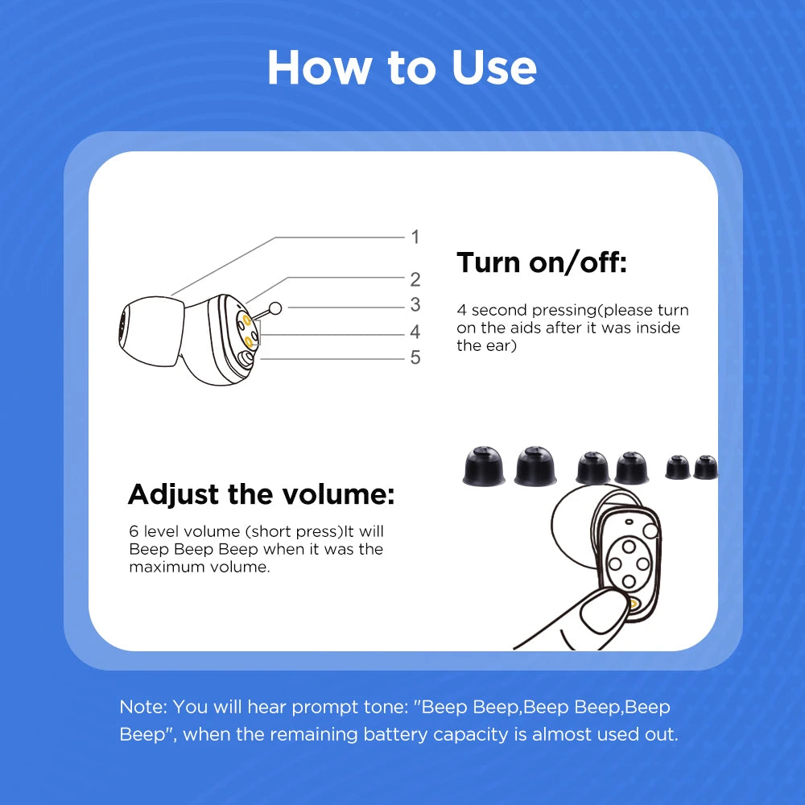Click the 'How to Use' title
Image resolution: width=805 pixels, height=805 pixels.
[x=402, y=68]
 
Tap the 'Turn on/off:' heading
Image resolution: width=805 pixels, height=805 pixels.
[x=541, y=262]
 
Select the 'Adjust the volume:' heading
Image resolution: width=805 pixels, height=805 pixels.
[x=262, y=493]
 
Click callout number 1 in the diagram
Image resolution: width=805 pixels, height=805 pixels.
[x=415, y=237]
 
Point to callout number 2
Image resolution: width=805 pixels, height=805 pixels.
[x=415, y=279]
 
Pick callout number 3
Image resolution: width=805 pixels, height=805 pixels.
[x=415, y=305]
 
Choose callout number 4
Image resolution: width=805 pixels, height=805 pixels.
[x=415, y=332]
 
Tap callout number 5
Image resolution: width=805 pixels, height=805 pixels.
[x=415, y=357]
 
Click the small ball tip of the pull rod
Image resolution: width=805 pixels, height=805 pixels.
[x=275, y=308]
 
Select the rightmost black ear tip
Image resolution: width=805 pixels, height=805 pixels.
[x=705, y=467]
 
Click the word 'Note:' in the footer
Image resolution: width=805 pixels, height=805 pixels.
[x=143, y=707]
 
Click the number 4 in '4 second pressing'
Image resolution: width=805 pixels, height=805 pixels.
[x=462, y=310]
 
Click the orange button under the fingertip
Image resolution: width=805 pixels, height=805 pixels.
[x=634, y=603]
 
